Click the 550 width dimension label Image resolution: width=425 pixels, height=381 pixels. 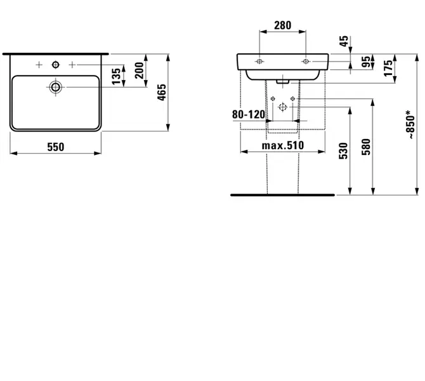[56, 147]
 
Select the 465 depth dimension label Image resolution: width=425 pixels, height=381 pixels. [162, 93]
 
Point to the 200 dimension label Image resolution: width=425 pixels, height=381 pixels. [140, 70]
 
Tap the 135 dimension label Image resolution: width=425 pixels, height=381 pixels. [116, 76]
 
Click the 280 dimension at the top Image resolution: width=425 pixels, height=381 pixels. [283, 25]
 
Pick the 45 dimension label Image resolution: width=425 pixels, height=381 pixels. [344, 41]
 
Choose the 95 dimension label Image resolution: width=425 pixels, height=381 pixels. [366, 62]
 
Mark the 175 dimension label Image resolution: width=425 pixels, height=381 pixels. [388, 69]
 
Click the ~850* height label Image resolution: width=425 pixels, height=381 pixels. [411, 125]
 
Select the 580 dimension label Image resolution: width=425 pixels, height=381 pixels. [366, 147]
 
